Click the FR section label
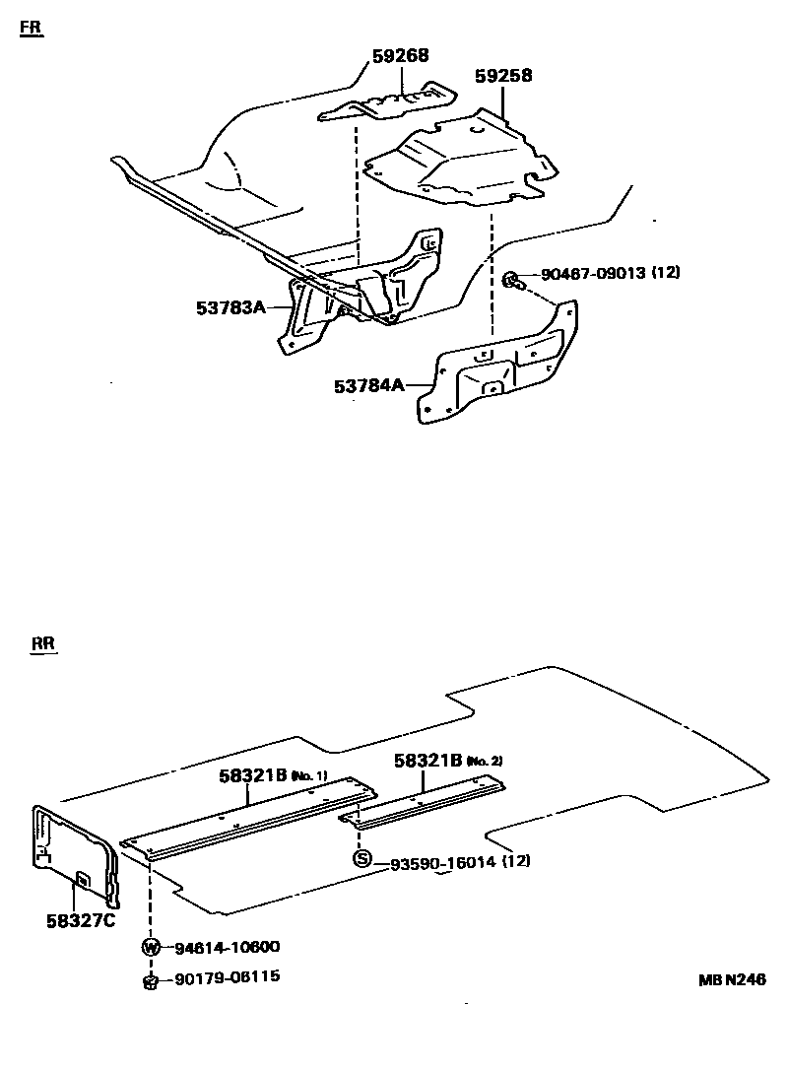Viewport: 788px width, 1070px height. point(32,29)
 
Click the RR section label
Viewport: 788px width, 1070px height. point(43,645)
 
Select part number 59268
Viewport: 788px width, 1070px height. point(400,56)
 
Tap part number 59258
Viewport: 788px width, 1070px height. point(502,76)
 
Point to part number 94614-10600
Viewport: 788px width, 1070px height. point(227,948)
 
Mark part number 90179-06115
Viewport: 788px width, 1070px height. point(227,977)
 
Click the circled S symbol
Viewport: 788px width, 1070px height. point(362,859)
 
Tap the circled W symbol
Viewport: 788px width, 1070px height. point(151,948)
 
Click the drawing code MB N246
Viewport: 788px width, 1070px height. point(732,979)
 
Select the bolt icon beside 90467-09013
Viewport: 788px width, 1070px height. point(512,280)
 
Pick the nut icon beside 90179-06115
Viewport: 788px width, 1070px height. point(151,979)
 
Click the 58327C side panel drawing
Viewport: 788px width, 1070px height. point(74,848)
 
